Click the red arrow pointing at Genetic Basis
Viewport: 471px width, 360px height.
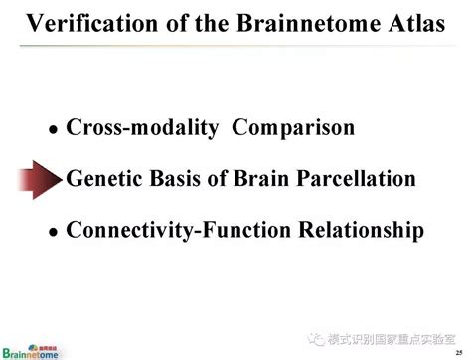[x=39, y=180]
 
